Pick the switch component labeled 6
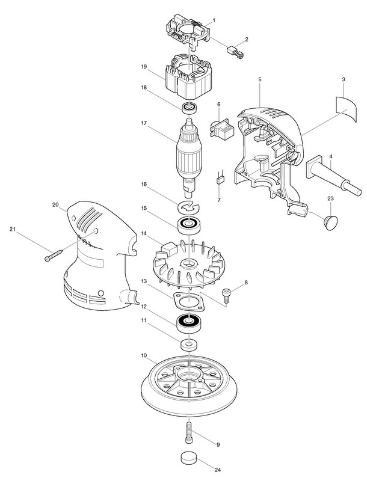[221, 128]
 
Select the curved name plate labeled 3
[347, 109]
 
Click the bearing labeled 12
[188, 323]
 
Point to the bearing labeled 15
[188, 225]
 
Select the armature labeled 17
[189, 156]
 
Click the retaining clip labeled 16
[189, 206]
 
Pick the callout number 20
[55, 205]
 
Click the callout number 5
[259, 79]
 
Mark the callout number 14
[143, 233]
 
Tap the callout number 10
[143, 356]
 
